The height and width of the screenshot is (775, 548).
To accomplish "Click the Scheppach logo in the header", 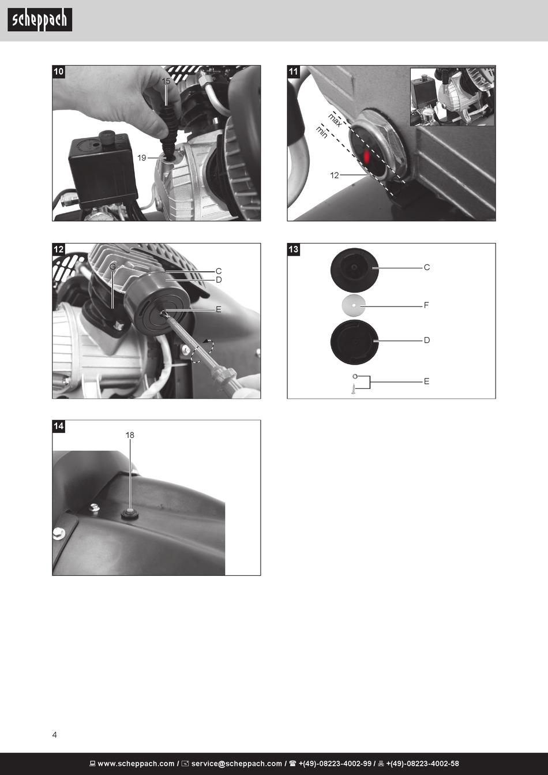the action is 40,20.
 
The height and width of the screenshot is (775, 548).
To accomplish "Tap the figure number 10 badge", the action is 58,72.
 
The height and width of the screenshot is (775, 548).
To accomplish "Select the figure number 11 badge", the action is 293,72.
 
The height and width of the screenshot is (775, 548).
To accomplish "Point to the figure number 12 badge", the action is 58,249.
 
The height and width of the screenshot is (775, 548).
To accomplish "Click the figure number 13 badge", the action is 293,249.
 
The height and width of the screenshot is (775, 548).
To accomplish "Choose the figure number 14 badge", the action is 58,426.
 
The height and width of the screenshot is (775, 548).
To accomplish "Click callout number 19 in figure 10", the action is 142,158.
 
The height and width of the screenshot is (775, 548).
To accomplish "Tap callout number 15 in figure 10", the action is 166,81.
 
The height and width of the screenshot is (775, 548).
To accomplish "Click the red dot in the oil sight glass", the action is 367,156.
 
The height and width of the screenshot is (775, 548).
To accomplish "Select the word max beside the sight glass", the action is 335,119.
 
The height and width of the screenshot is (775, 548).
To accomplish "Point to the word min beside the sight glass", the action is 321,132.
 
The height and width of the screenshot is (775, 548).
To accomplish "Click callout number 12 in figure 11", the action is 335,175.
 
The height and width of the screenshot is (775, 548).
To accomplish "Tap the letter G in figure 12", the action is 112,267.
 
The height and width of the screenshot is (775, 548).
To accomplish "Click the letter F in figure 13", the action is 426,305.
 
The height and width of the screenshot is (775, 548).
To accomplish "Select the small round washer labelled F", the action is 354,305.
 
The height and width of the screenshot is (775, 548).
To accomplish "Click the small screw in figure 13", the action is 354,389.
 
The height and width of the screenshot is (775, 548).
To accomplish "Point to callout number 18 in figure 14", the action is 130,435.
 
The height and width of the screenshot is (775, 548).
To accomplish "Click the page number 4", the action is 54,735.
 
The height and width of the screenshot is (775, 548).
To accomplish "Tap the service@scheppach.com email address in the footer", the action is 237,763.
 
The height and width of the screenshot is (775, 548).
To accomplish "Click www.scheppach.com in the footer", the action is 136,763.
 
